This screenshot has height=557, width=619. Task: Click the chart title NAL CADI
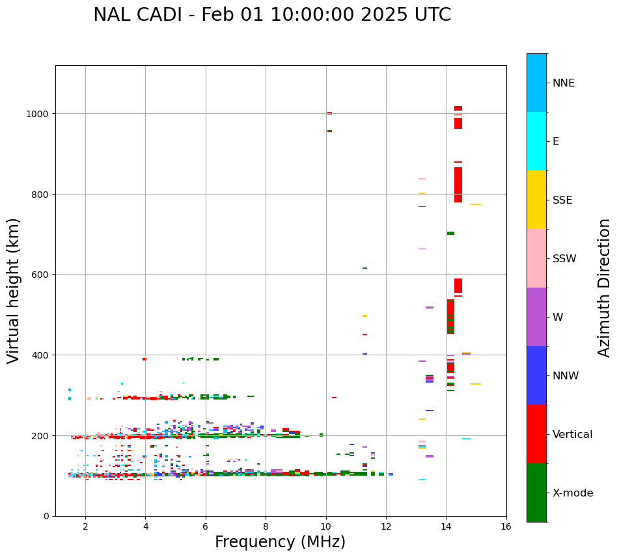(x=271, y=15)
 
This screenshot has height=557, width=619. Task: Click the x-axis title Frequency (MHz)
(x=280, y=542)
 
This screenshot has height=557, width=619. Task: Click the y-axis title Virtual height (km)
(x=14, y=290)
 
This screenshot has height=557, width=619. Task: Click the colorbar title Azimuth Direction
(x=605, y=288)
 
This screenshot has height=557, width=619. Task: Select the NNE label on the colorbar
(x=564, y=83)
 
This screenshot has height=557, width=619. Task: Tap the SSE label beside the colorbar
(x=562, y=200)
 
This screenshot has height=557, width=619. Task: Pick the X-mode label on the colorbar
(x=573, y=493)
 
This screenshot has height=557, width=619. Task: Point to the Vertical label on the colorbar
(x=572, y=435)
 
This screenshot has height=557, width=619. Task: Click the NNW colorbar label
(x=566, y=376)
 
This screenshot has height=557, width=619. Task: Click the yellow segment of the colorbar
(x=536, y=200)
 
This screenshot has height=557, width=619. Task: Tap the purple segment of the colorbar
(x=536, y=317)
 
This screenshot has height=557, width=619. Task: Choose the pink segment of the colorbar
(x=536, y=258)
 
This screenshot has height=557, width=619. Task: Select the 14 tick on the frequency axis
(x=446, y=526)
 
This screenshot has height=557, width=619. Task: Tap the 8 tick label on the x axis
(x=266, y=526)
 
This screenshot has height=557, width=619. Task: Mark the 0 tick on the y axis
(x=46, y=516)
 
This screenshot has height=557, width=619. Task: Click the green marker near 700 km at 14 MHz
(x=450, y=233)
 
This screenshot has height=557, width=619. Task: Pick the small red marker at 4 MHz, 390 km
(x=144, y=359)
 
